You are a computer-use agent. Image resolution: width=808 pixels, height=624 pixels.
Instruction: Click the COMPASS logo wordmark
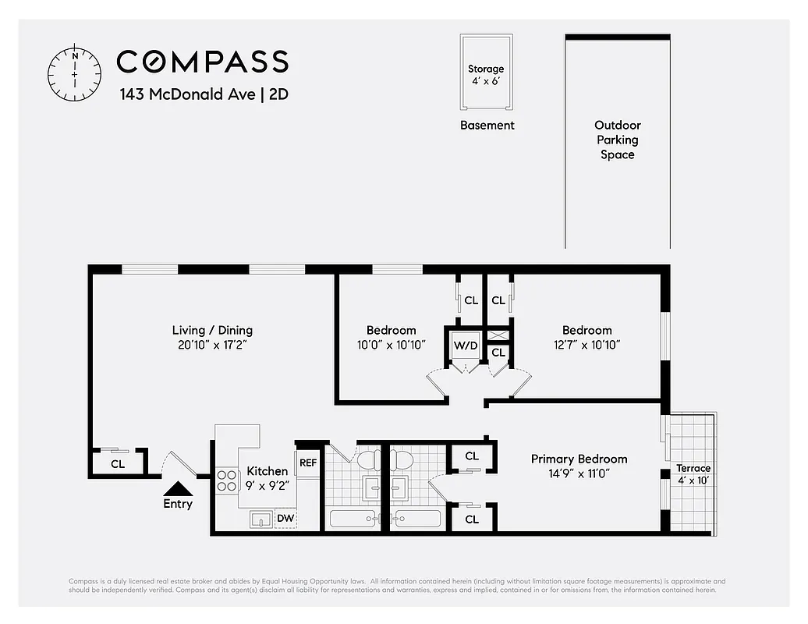click(202, 62)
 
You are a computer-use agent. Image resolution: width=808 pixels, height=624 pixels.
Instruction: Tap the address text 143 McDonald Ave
click(187, 94)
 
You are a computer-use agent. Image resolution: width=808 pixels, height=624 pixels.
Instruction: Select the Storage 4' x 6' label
click(486, 75)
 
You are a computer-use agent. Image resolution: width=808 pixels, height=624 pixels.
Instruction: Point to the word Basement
click(487, 125)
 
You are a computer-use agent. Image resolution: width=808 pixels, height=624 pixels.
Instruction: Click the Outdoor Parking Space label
click(617, 140)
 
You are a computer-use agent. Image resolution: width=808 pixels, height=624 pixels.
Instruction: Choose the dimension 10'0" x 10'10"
click(391, 344)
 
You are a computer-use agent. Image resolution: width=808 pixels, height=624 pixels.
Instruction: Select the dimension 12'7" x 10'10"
click(587, 344)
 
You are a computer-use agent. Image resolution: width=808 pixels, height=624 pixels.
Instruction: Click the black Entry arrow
click(178, 489)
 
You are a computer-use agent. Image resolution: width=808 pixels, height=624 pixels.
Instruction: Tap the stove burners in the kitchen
click(227, 480)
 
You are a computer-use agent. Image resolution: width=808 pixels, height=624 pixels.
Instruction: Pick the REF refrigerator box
click(307, 463)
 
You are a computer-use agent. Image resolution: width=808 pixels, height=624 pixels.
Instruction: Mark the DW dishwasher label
click(285, 518)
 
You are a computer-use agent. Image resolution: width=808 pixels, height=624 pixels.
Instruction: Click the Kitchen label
click(267, 470)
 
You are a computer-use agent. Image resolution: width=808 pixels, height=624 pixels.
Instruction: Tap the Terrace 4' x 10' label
click(693, 474)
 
